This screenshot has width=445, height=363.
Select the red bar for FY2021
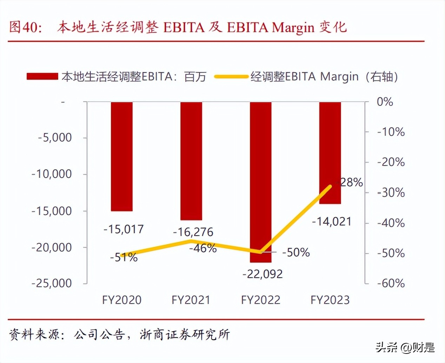coord(191,161)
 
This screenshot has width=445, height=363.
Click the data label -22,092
coord(263,274)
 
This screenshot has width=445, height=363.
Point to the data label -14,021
coord(332,221)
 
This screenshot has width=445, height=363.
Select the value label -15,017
coord(124,229)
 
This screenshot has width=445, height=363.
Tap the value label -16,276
coord(193,232)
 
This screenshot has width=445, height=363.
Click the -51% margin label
coord(124,258)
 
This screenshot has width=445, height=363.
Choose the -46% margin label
coord(203,248)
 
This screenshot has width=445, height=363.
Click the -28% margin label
coord(350,182)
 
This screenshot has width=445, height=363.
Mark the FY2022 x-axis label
coord(261,300)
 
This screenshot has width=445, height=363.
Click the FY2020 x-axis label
coord(122,300)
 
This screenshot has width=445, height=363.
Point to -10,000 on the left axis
coord(52,174)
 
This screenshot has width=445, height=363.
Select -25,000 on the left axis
coord(52,283)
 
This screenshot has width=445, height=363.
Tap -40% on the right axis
coord(391,223)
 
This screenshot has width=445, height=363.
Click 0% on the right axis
coord(385,102)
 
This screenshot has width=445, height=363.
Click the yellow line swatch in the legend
coord(231,76)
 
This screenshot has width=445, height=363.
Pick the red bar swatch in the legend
coord(42,76)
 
